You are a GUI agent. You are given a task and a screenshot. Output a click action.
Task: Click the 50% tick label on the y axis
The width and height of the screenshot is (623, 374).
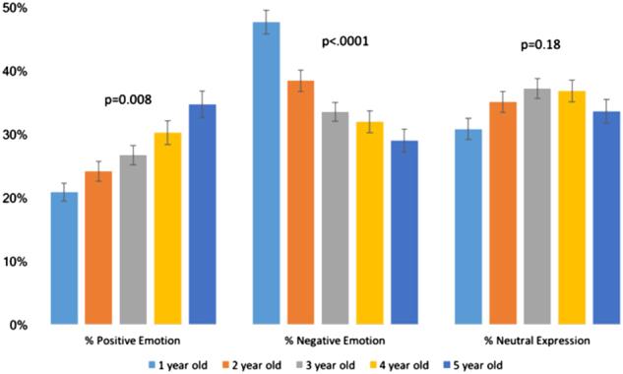(16, 9)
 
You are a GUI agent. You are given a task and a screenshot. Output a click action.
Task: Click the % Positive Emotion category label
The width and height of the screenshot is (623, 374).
(133, 341)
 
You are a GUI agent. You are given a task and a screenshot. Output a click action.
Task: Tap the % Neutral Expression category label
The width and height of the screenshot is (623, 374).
(536, 341)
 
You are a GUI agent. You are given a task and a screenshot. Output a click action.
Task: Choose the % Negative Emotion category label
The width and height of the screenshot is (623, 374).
(335, 341)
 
